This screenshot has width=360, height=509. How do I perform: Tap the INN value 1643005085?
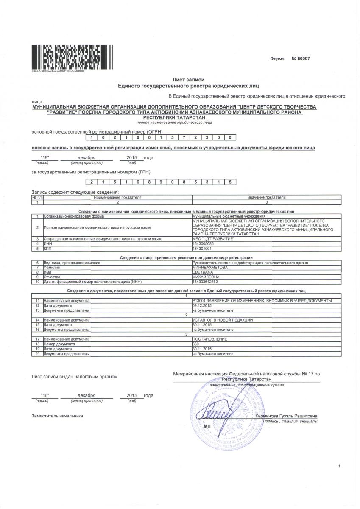204,244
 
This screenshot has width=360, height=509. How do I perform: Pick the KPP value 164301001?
202,249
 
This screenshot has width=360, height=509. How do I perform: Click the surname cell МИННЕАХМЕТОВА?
210,268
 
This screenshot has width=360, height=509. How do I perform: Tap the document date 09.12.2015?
202,305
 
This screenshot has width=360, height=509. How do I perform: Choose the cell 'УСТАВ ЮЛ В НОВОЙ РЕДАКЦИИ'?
223,320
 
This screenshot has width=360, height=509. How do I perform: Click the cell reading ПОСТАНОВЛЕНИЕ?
209,339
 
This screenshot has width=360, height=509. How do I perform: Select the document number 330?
196,344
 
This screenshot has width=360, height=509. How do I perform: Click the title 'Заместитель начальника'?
57,416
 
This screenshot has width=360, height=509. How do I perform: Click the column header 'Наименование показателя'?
117,198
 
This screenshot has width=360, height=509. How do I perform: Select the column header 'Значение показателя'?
266,198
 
